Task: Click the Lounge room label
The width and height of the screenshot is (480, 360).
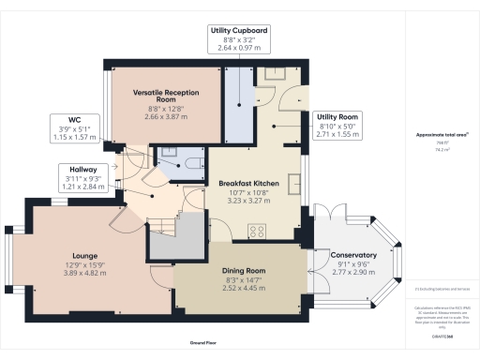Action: tap(67, 254)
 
